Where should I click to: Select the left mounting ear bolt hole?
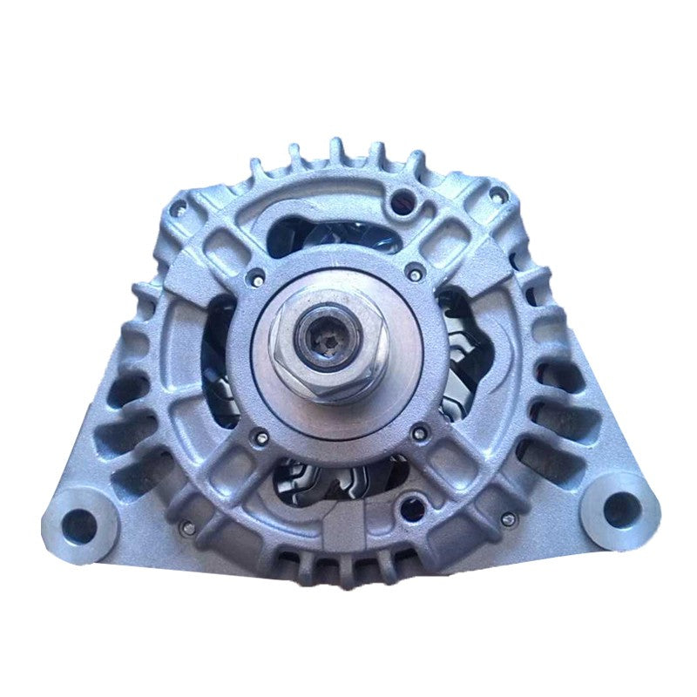coord(80,524)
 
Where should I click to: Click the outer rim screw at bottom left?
coord(186,525)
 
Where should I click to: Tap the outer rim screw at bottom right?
coord(508,521)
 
